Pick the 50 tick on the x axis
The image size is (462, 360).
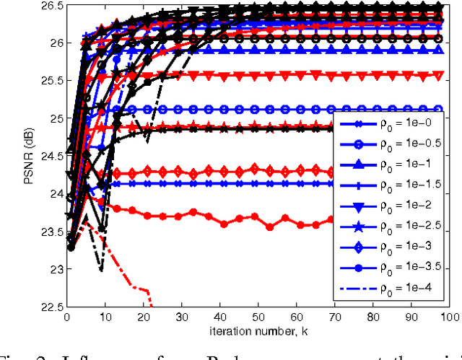point(258,317)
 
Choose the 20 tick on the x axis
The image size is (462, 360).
point(142,317)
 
